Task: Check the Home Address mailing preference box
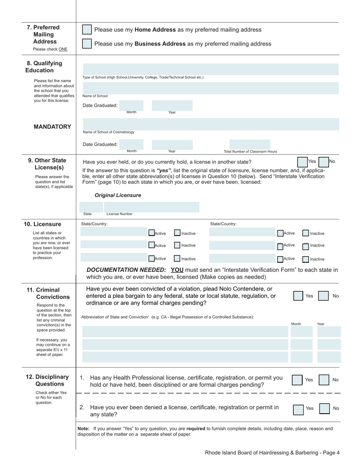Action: [87, 30]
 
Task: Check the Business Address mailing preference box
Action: [87, 44]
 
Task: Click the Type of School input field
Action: [211, 69]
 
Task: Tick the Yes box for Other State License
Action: [302, 162]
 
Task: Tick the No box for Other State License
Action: [324, 162]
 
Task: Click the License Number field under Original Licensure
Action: [152, 207]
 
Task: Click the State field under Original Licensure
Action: [92, 207]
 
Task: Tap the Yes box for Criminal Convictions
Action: [298, 296]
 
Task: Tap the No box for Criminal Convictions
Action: [323, 296]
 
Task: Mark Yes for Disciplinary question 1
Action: [297, 380]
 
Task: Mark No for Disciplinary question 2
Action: [324, 408]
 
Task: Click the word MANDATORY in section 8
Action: [52, 127]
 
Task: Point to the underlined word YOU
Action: [177, 270]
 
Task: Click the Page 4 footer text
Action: [272, 452]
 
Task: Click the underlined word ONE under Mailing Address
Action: [63, 49]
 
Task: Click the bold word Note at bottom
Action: [83, 428]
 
